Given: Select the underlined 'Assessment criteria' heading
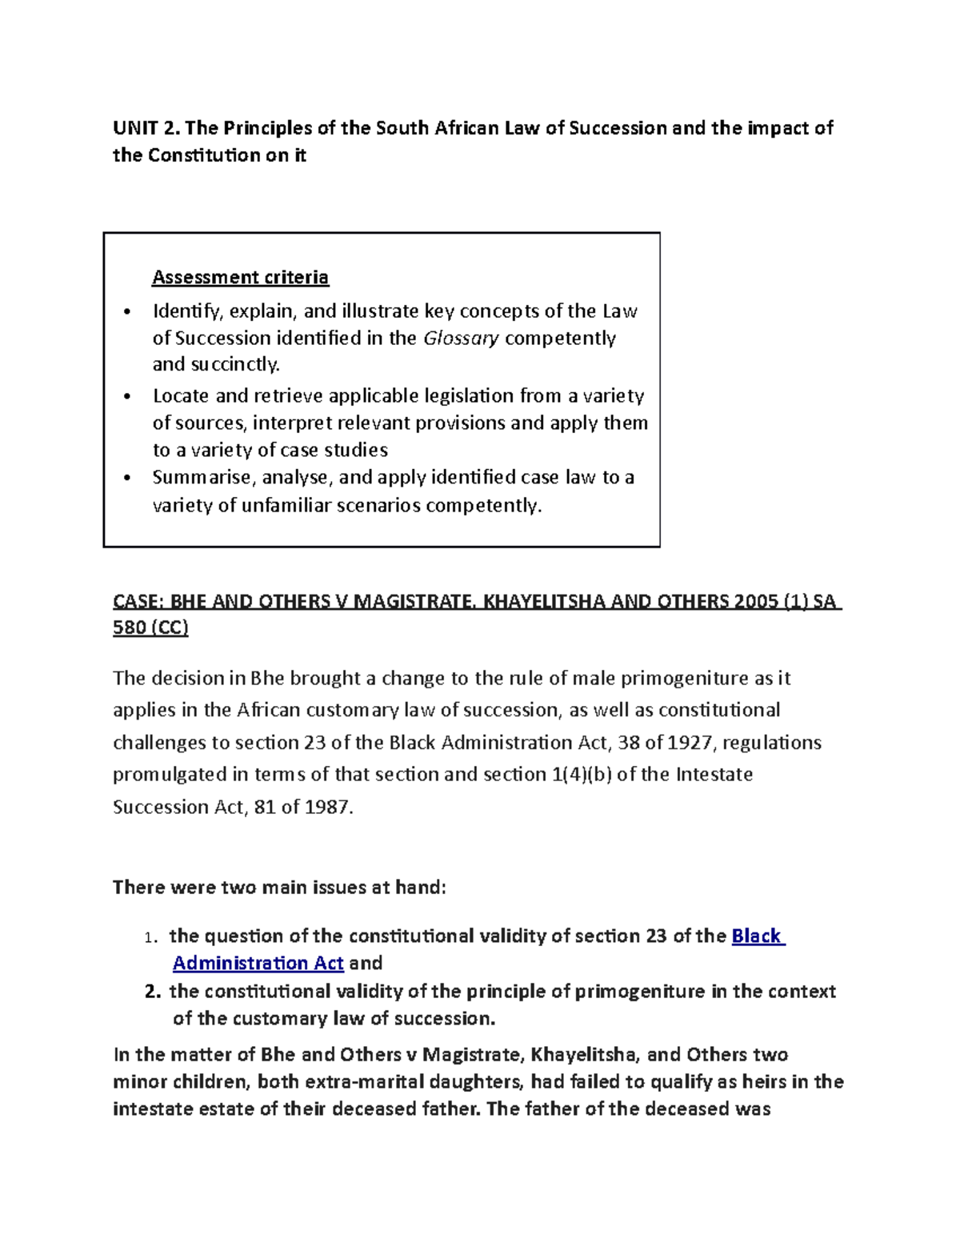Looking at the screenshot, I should pos(240,277).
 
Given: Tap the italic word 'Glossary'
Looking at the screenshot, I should pos(461,338).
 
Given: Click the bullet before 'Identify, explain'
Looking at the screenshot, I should pos(127,312).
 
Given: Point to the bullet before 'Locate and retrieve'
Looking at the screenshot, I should pos(127,397).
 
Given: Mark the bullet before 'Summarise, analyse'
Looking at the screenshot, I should pos(127,479).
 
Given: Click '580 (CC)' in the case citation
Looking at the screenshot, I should pos(150,628).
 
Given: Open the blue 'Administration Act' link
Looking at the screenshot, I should pos(258,963).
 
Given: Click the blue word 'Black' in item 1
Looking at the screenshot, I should pos(757,936).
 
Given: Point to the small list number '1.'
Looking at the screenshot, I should pos(150,937).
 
